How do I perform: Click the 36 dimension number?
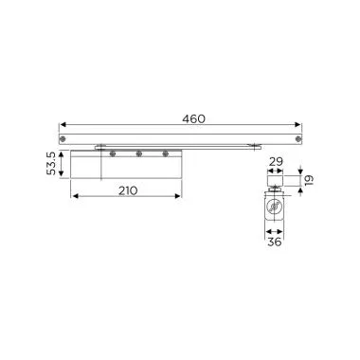pyautogui.click(x=275, y=243)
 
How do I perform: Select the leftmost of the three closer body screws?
pyautogui.click(x=113, y=153)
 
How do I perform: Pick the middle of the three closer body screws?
pyautogui.click(x=139, y=153)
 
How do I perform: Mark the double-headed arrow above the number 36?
pyautogui.click(x=276, y=232)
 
